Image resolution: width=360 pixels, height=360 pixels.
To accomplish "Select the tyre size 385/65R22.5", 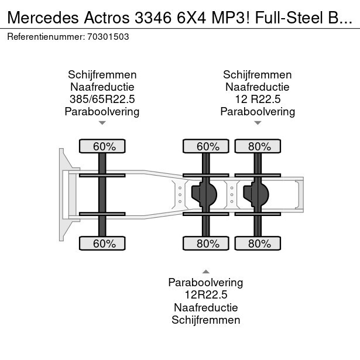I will pyautogui.click(x=102, y=99).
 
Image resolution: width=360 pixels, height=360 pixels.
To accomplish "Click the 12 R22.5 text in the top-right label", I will pyautogui.click(x=258, y=99).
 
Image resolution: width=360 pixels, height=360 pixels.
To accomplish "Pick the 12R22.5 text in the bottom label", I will pyautogui.click(x=205, y=295).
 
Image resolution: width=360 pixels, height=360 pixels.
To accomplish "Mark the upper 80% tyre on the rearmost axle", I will pyautogui.click(x=258, y=146).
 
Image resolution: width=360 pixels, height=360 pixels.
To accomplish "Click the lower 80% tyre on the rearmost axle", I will pyautogui.click(x=258, y=244).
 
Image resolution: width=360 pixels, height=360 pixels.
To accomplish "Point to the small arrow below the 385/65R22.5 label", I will pyautogui.click(x=102, y=123).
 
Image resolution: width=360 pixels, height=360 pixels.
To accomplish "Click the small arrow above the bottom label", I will pyautogui.click(x=205, y=271).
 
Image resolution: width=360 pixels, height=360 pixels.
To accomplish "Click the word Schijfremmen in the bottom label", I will pyautogui.click(x=205, y=320).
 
